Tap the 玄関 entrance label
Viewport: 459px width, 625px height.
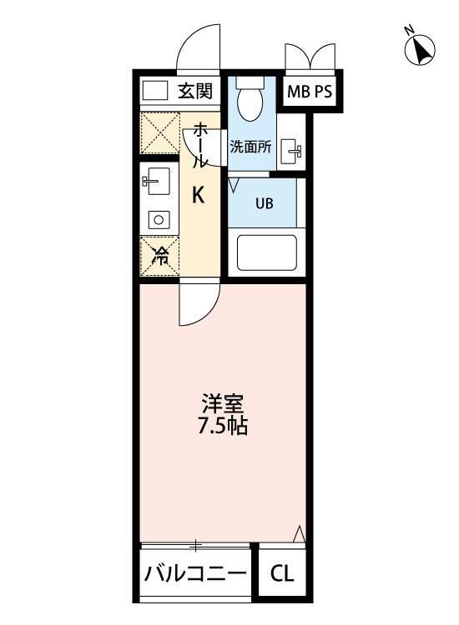(x=195, y=91)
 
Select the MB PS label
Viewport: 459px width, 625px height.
(x=310, y=92)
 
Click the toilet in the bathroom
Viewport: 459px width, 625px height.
(x=249, y=102)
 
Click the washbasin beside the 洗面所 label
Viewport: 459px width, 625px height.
(x=293, y=151)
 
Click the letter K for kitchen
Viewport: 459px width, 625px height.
(x=199, y=196)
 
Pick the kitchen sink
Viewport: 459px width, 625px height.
(x=156, y=181)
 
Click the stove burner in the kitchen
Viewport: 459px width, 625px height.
(x=157, y=220)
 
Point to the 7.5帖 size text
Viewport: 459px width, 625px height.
(x=222, y=427)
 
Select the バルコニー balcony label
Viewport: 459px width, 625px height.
(x=195, y=575)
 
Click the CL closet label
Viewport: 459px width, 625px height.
(x=281, y=575)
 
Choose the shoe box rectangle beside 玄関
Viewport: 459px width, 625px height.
(x=154, y=90)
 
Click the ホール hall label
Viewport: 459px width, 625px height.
(x=201, y=146)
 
